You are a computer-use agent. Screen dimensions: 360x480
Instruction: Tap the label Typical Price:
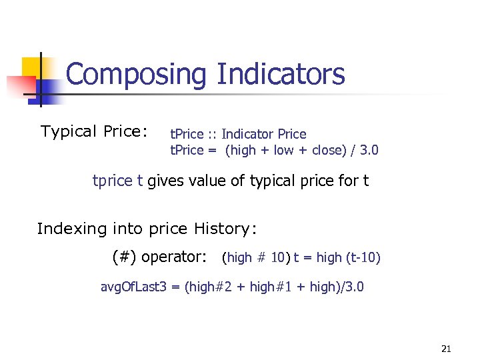(94, 131)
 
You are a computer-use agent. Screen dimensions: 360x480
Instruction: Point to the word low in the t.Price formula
(283, 150)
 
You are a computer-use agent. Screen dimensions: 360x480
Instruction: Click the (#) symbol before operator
(124, 257)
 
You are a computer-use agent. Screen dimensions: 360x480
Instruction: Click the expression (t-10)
(363, 257)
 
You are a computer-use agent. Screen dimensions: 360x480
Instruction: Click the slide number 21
(446, 348)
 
